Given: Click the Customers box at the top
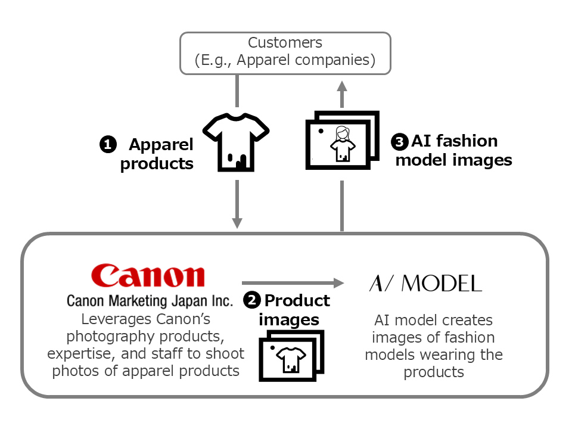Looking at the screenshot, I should pos(285,52).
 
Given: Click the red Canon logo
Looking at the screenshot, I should pos(148,276).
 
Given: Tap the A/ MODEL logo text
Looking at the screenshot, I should pos(425,284).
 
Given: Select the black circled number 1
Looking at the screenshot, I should pos(107,144).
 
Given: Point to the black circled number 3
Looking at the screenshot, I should pos(399,142).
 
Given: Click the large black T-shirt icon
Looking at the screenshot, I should pos(237,141).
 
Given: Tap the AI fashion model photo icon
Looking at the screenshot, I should pos(342,141).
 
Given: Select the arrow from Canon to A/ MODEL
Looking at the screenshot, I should pos(292,282).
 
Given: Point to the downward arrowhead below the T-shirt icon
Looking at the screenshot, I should pos(237,222).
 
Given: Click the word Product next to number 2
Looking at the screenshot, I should pos(297,300).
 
